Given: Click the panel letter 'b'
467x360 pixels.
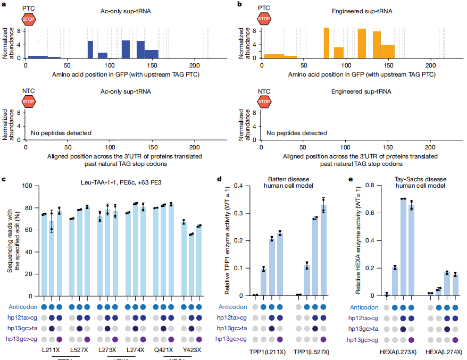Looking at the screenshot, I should coord(239,4).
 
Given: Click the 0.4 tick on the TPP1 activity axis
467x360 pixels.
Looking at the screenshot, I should coord(247,186).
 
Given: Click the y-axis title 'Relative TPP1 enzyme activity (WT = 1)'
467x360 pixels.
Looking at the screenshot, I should coord(227,240).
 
